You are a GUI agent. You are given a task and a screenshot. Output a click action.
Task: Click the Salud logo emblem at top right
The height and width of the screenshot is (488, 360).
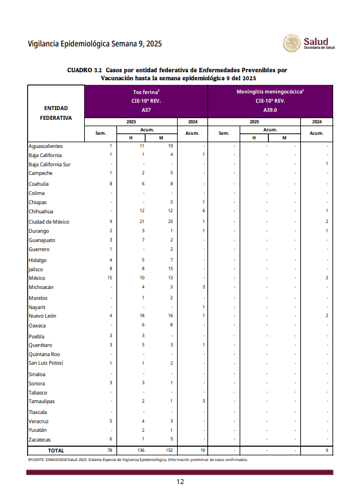[291, 43]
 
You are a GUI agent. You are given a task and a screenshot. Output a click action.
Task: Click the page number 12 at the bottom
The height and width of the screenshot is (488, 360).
[180, 481]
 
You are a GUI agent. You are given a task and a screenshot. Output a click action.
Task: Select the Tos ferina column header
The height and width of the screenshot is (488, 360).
[146, 92]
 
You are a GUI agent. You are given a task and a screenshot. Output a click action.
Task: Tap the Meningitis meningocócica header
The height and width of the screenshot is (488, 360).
[269, 92]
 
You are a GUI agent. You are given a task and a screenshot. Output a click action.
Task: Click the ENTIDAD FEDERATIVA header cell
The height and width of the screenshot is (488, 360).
[56, 113]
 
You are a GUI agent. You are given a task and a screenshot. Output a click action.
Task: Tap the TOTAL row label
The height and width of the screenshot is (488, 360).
[56, 451]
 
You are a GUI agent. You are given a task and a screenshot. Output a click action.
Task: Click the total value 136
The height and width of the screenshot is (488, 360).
[142, 451]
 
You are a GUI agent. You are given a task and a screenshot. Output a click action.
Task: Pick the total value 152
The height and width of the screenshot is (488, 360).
[169, 451]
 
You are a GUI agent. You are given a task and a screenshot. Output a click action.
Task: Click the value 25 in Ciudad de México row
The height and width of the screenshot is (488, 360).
[170, 221]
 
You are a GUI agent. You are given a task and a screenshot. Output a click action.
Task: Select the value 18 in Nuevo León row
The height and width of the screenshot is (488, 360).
[142, 316]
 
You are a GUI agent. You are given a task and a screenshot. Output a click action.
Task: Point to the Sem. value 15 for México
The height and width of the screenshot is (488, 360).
[109, 278]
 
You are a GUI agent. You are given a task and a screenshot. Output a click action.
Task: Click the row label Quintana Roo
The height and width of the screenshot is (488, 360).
[44, 354]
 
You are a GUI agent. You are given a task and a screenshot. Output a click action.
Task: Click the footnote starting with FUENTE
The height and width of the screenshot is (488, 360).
[138, 459]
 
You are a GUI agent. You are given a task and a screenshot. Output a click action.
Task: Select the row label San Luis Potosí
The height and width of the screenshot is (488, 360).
[46, 363]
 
